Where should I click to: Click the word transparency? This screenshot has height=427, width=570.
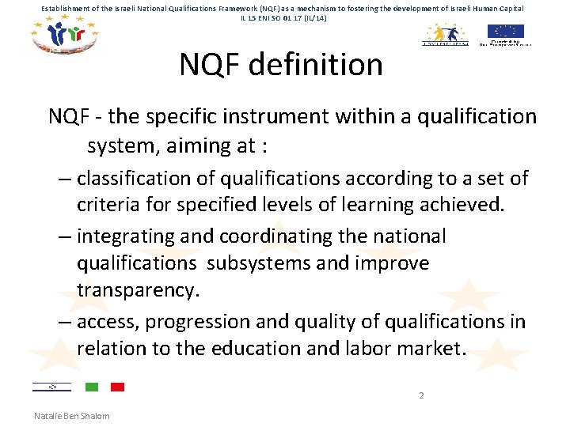click(135, 290)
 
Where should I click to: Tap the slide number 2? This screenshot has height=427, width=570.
click(421, 395)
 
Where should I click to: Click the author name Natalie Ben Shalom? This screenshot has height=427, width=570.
click(72, 416)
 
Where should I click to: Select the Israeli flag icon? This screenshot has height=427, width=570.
click(51, 387)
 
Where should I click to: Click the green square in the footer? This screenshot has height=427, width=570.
click(91, 387)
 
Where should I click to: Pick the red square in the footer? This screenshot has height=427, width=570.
click(117, 387)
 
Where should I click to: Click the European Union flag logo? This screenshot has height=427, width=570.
click(505, 31)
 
